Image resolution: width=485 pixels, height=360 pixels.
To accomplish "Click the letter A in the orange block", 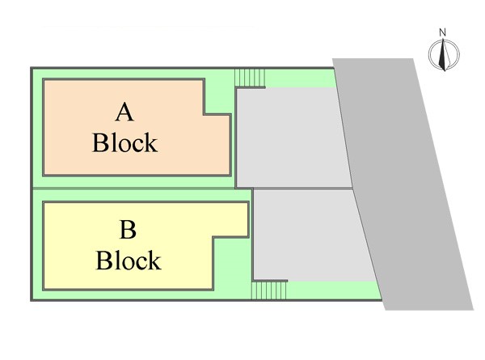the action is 124,112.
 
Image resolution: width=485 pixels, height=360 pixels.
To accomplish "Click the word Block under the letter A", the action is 125,142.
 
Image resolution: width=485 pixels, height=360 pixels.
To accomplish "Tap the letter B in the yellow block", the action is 128,230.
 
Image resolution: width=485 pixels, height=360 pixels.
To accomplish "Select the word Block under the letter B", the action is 129,260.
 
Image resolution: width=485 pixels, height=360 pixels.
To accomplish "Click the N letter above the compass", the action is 443,32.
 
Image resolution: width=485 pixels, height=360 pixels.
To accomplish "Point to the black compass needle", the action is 443,54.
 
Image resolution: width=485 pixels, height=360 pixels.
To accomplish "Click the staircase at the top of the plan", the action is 250,78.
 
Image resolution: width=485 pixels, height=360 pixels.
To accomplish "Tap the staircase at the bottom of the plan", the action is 269,290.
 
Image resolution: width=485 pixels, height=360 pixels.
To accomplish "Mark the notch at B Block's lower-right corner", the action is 231,264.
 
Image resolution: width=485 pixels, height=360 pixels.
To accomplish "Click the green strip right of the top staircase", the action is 299,78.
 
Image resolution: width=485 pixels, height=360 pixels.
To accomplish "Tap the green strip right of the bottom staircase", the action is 334,290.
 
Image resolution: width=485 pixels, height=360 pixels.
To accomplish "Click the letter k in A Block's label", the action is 151,142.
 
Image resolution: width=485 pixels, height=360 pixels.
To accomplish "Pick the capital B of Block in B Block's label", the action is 103,260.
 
